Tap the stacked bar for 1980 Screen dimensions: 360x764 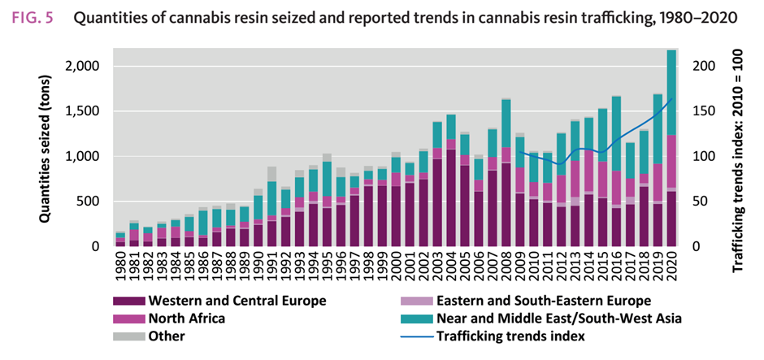[x=120, y=240]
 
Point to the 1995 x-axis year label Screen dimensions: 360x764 [x=326, y=263]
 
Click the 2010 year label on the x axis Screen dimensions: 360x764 [x=532, y=263]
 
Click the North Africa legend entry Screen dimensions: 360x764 [x=188, y=319]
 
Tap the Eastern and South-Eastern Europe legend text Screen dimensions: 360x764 [x=543, y=301]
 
